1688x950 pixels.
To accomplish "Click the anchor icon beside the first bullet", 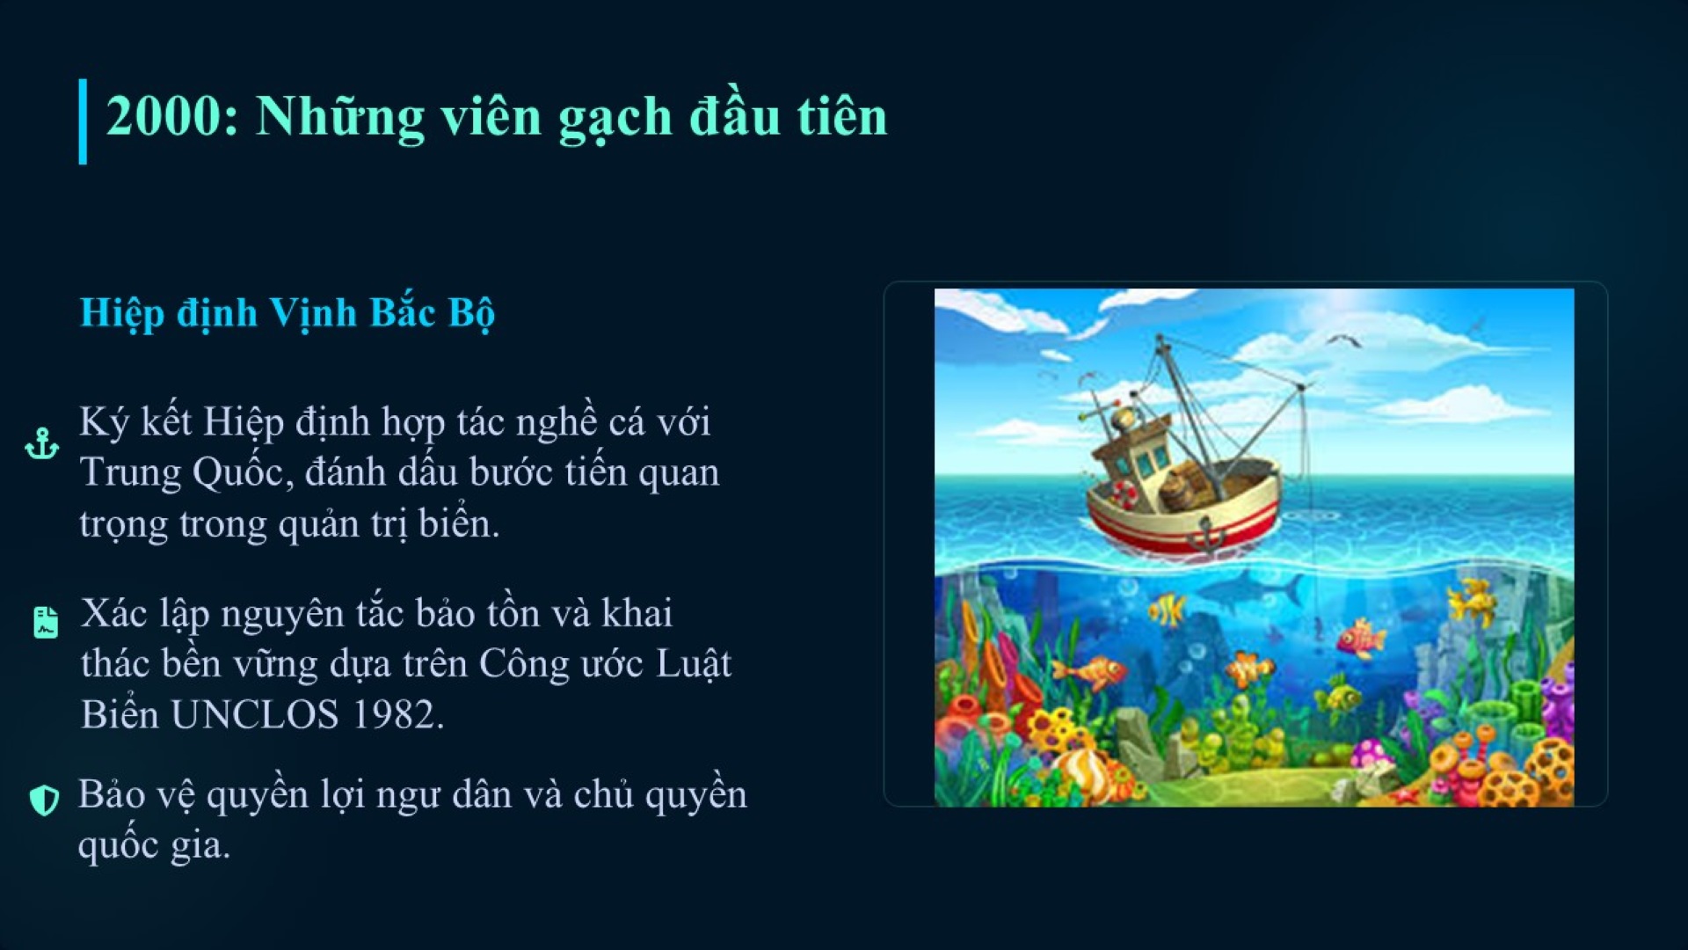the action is click(x=42, y=443).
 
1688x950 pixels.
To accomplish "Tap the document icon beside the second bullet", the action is click(x=45, y=622).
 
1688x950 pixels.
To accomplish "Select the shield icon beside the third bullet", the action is click(x=44, y=800).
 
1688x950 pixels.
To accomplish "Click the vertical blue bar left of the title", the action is click(x=83, y=121).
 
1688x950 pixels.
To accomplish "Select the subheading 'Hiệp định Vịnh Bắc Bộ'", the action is click(x=287, y=313).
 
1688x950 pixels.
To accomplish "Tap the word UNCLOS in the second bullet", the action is click(x=255, y=714).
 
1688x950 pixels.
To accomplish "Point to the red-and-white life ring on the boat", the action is click(x=1123, y=494).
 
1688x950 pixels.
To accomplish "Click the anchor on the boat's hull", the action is click(x=1206, y=534).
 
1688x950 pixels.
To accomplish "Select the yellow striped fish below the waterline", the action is click(x=1167, y=608).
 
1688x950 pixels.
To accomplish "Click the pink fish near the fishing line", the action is click(x=1359, y=639).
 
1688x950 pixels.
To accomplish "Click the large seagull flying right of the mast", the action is click(x=1342, y=340).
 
